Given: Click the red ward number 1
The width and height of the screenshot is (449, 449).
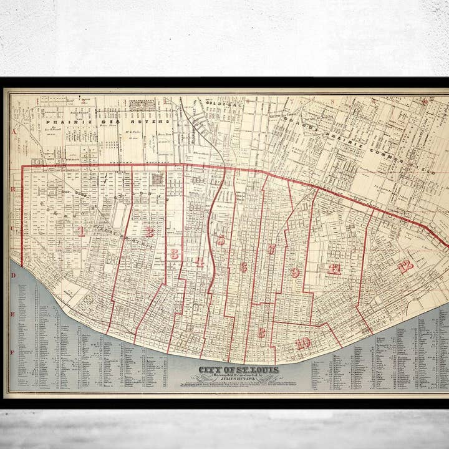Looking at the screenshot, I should (x=80, y=231).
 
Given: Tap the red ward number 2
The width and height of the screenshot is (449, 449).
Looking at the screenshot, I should (x=149, y=232).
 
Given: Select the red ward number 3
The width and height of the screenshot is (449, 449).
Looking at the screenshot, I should (x=174, y=254).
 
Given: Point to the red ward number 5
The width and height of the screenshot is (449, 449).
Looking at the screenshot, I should (x=220, y=240).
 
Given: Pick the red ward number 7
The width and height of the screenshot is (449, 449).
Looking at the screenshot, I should (x=272, y=249).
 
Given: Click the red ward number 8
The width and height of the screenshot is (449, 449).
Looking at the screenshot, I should (x=261, y=332).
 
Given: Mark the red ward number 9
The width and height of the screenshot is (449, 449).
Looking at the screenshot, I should (x=294, y=272).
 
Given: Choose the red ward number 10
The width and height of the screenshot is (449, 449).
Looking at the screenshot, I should (x=304, y=342).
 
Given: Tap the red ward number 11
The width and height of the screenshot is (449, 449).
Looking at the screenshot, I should (x=334, y=269).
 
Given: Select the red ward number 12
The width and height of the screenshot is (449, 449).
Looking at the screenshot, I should (x=405, y=266).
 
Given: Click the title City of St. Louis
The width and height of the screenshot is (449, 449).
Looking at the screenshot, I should (x=239, y=370).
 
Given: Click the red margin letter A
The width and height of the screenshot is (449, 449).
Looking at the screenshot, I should (x=12, y=132).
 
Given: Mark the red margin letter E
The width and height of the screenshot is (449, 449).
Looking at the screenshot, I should (x=12, y=314).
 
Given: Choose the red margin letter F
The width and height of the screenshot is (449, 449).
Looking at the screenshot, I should (x=12, y=352).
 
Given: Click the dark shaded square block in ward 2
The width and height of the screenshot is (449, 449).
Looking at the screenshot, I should (x=157, y=179).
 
